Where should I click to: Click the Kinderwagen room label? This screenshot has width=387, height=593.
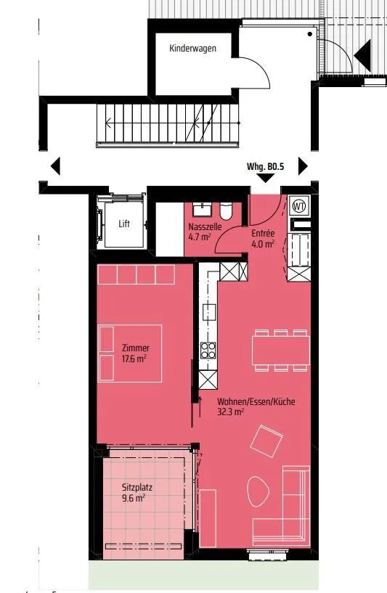click(x=192, y=49)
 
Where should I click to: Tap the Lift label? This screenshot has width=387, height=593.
click(x=124, y=224)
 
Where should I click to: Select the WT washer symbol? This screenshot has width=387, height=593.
click(x=299, y=206)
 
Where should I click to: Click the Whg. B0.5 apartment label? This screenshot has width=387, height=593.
click(x=265, y=166)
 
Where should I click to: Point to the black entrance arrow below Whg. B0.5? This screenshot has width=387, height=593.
click(x=266, y=178)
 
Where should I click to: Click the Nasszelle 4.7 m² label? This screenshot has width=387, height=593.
click(x=205, y=232)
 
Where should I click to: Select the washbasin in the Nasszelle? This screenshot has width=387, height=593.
click(x=203, y=210)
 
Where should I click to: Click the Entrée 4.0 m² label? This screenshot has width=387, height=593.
click(x=263, y=239)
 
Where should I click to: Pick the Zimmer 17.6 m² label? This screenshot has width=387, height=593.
click(x=135, y=353)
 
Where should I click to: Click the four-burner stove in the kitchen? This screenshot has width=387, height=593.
click(x=208, y=350)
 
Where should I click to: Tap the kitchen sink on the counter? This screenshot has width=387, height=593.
click(x=209, y=311)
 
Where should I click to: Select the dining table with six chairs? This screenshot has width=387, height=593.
click(x=281, y=350)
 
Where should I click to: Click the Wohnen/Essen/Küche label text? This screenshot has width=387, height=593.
click(x=256, y=401)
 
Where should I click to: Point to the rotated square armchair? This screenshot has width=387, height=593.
click(x=266, y=441)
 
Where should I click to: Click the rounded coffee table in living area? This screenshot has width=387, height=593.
click(x=258, y=492)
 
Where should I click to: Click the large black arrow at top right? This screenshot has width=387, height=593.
click(x=362, y=56)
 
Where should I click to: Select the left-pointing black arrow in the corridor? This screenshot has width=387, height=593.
click(x=55, y=166)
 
